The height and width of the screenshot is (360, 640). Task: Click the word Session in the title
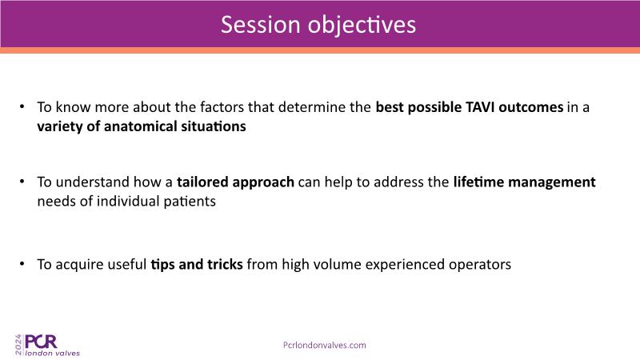coord(261,25)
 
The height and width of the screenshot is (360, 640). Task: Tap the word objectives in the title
coord(362,26)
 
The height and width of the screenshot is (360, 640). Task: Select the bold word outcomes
coord(531,107)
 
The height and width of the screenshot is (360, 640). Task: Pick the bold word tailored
coord(202,182)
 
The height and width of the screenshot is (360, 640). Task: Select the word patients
coord(190,202)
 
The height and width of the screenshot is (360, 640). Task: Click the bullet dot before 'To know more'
coord(22,107)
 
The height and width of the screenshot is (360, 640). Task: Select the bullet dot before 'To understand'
coord(22,182)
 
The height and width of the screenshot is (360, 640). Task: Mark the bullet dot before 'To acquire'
coord(22,264)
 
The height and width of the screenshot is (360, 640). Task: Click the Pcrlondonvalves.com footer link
coord(325,346)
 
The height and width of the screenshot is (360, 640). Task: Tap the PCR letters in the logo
coord(41,342)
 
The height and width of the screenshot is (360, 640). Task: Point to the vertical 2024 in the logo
coord(18,345)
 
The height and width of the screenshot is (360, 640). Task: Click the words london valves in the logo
coord(53,353)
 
